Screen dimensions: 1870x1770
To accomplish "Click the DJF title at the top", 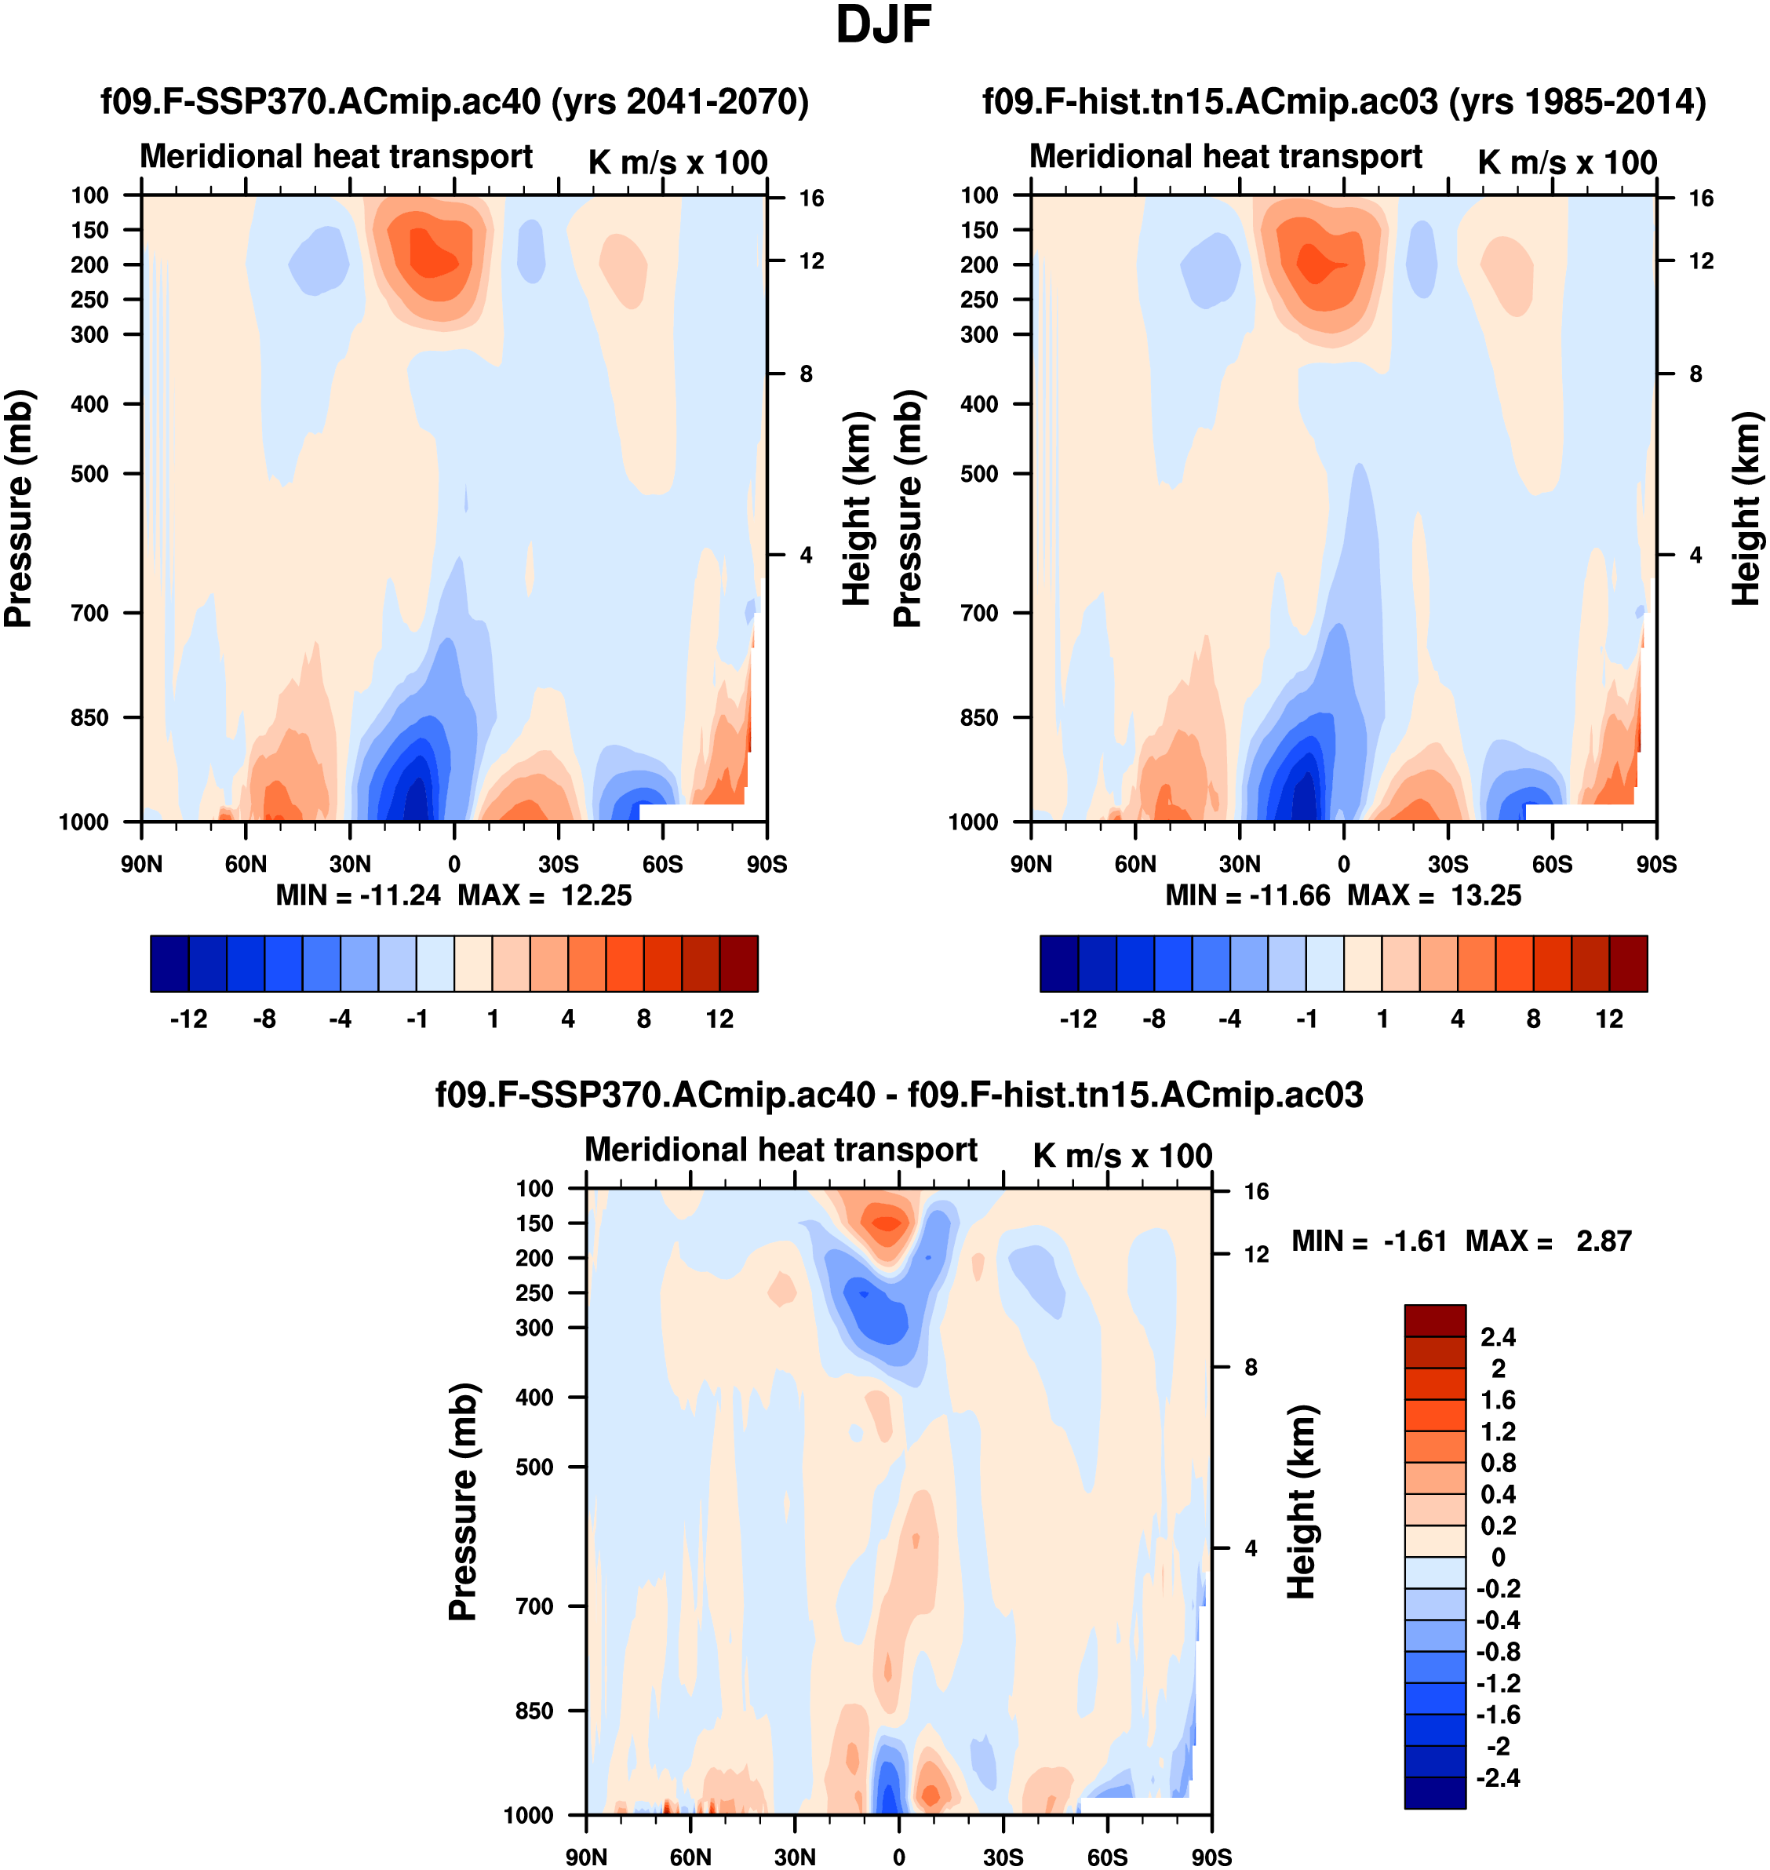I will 884,25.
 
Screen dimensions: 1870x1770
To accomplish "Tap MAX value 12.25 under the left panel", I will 596,895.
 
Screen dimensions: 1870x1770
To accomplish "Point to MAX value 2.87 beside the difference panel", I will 1604,1241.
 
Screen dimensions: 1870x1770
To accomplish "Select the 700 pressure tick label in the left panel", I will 89,614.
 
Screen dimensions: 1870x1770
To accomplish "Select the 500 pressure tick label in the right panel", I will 979,474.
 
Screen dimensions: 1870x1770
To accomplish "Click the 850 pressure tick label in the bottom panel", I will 534,1711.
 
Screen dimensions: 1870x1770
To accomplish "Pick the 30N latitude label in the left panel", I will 350,864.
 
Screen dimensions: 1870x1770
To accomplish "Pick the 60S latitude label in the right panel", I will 1552,864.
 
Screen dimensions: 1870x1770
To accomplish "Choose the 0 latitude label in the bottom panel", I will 899,1857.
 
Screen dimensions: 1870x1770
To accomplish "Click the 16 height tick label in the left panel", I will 811,198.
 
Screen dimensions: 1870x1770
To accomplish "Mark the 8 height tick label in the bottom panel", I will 1251,1367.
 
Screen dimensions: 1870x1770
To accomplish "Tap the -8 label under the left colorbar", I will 264,1019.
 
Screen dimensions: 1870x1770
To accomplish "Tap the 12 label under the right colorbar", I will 1610,1019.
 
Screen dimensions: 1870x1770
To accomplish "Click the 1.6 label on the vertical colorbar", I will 1499,1400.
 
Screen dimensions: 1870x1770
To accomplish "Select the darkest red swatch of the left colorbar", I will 739,964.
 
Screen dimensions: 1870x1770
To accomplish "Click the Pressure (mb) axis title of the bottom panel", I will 462,1502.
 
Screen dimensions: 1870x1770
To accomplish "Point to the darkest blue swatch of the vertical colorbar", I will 1435,1792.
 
